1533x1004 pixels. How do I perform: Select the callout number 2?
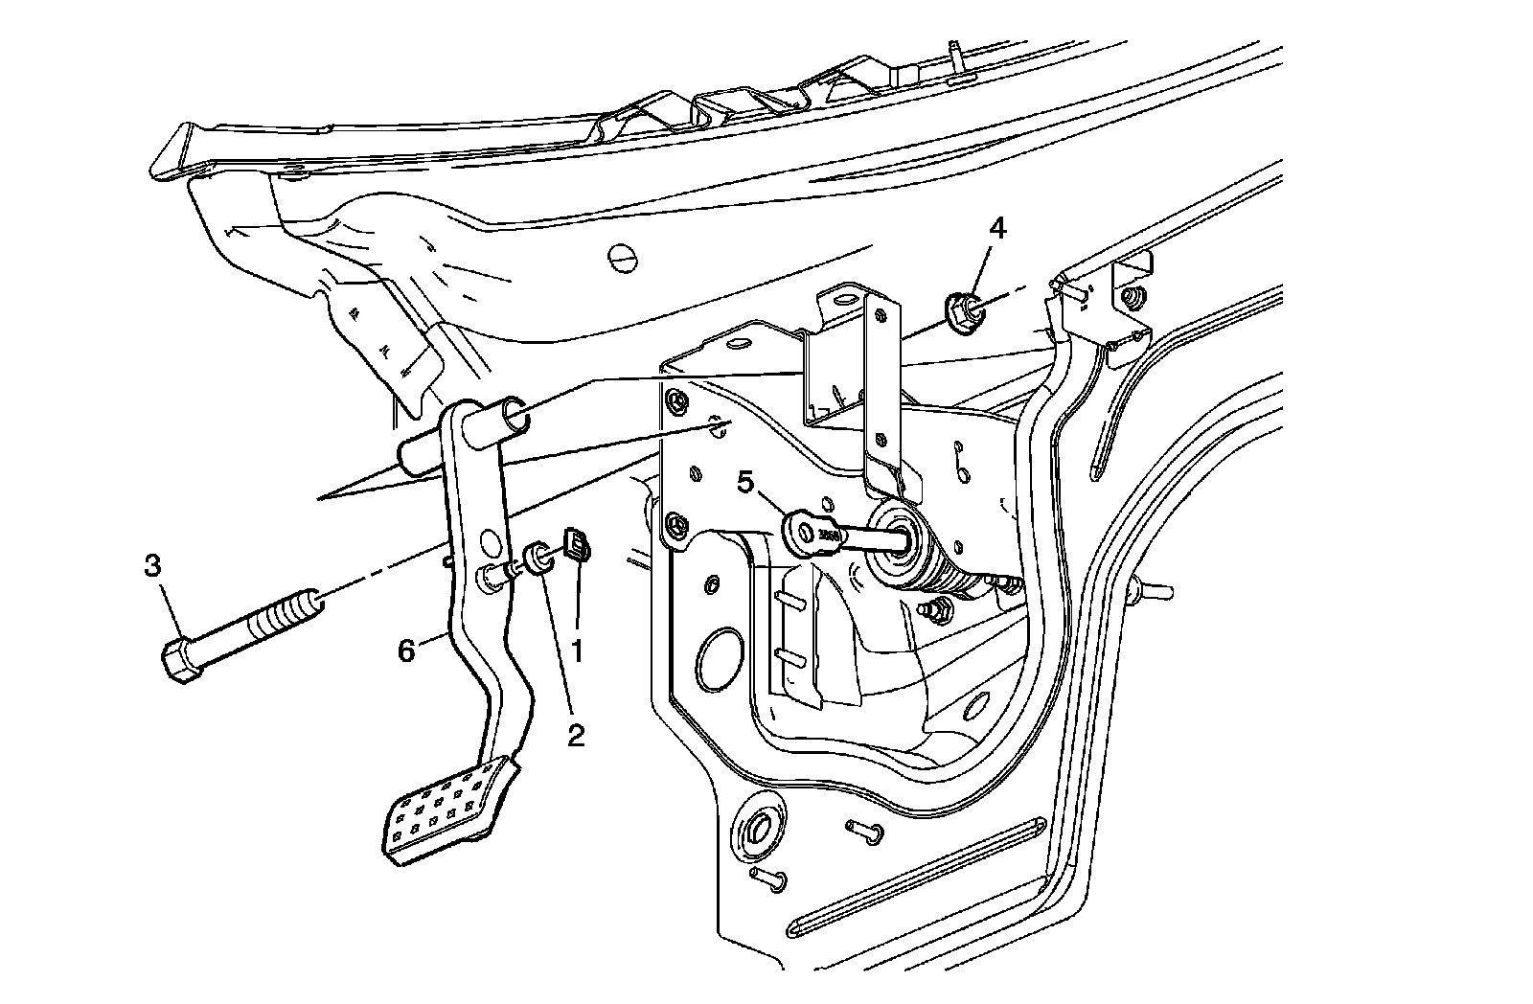coord(575,736)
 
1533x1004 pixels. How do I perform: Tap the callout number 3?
coord(152,567)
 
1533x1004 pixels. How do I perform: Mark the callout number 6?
coord(406,651)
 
